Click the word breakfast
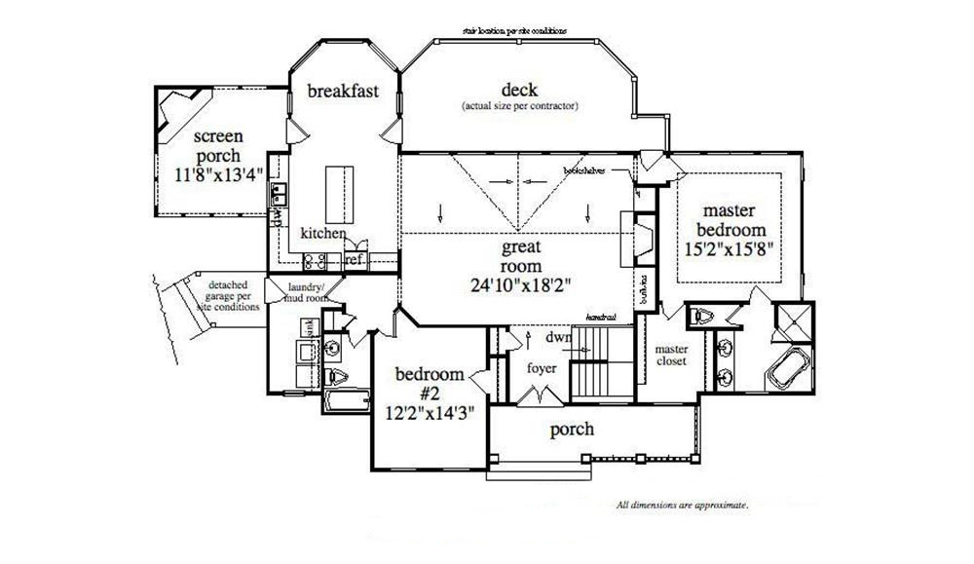pyautogui.click(x=343, y=92)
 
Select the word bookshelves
pyautogui.click(x=584, y=169)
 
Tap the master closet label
pyautogui.click(x=671, y=355)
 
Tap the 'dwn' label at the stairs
pyautogui.click(x=558, y=338)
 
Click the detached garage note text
pyautogui.click(x=229, y=295)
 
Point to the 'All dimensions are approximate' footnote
pyautogui.click(x=682, y=506)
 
